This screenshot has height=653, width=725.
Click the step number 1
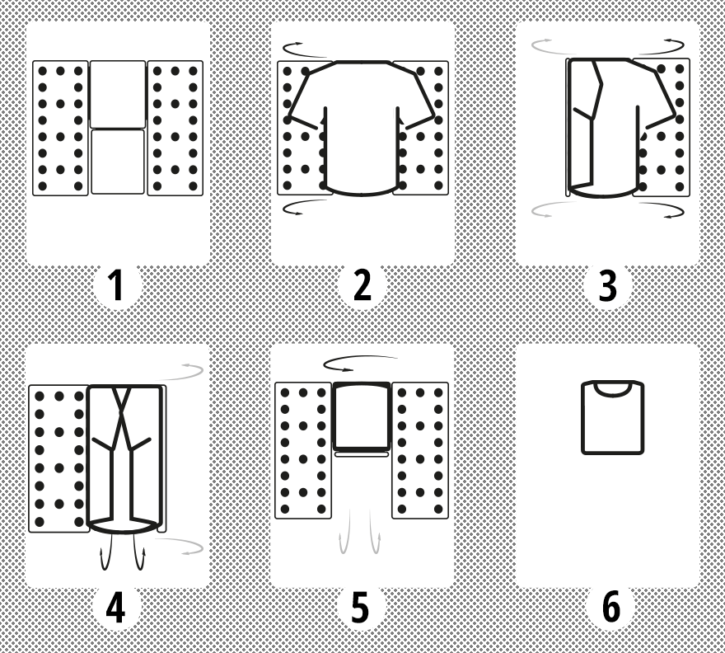coord(116,285)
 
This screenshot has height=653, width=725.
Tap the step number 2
coord(362,285)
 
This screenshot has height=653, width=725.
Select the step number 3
coord(607,286)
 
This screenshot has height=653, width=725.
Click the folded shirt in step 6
coord(613,417)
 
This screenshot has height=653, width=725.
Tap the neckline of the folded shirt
coord(612,391)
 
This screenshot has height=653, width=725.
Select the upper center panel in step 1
coord(118,94)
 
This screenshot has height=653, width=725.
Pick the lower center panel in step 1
coord(118,162)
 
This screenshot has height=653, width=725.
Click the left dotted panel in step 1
coord(60,128)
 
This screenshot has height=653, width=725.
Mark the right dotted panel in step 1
coord(175,128)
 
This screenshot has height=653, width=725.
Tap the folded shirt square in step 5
coord(362,416)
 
